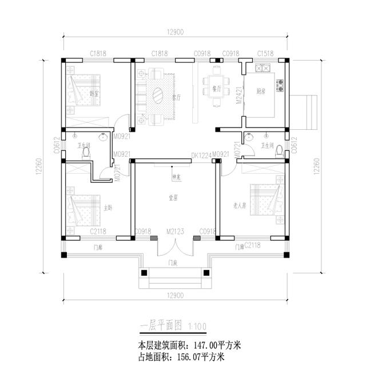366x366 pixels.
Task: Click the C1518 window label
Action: [x=265, y=53]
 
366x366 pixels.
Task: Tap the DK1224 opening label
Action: [x=202, y=154]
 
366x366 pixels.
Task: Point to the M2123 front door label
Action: [x=174, y=231]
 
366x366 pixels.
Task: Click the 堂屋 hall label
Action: [x=173, y=197]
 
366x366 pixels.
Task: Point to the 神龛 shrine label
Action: [x=177, y=177]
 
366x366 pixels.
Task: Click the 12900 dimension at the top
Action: [x=175, y=33]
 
